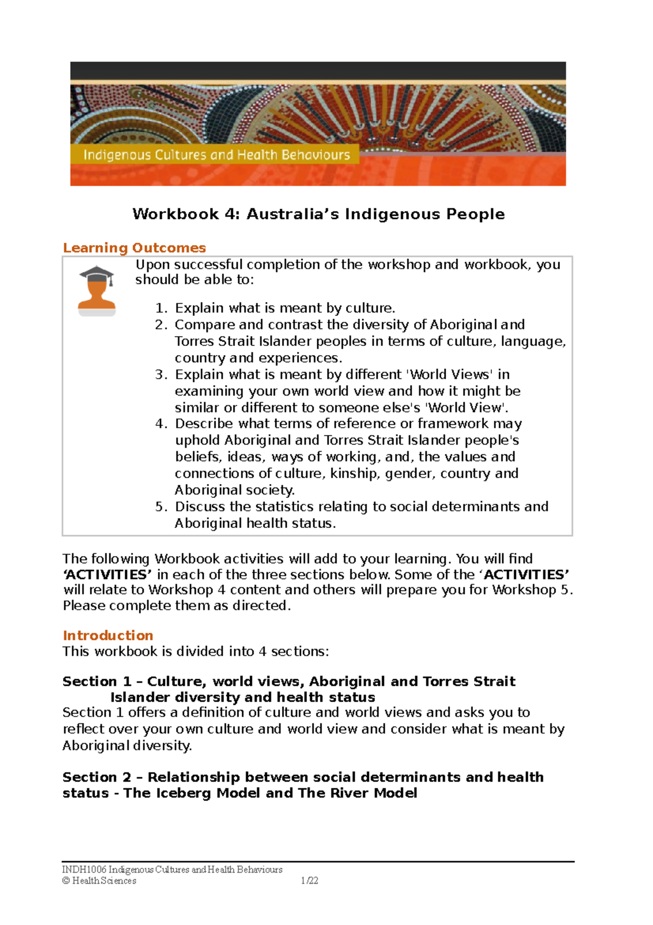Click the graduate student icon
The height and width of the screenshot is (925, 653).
coord(97,290)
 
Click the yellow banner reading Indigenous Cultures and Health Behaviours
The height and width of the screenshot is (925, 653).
coord(216,155)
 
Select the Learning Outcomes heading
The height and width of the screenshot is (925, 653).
coord(134,248)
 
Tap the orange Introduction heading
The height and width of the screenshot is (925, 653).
coord(108,636)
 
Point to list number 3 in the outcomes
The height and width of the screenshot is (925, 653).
coord(161,375)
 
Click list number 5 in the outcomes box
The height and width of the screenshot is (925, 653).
coord(161,507)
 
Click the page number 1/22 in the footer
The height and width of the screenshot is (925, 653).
coord(309,881)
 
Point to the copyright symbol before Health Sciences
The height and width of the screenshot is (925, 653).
coord(66,881)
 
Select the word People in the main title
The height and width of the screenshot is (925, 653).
coord(475,214)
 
